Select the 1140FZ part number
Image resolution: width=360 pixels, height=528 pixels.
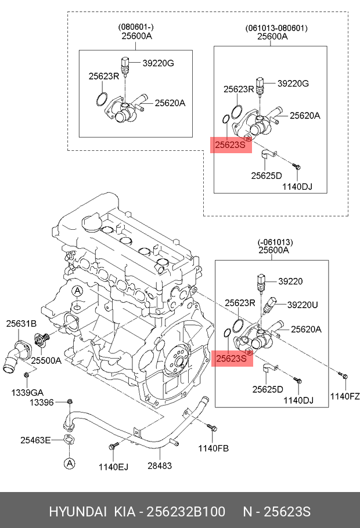click(345, 397)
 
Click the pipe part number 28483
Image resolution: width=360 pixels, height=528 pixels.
click(159, 465)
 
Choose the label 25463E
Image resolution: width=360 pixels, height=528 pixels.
click(35, 440)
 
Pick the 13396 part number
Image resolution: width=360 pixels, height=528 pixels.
click(42, 403)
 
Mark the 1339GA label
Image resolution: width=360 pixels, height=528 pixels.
click(26, 392)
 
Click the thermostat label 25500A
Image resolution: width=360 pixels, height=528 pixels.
click(46, 360)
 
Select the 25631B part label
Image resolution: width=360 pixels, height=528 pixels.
click(21, 323)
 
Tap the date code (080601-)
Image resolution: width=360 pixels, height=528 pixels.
click(136, 27)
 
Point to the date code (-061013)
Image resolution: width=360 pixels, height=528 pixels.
click(275, 242)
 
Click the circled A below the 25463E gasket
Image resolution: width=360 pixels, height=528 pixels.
click(69, 463)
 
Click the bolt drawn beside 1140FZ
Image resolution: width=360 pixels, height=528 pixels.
click(344, 377)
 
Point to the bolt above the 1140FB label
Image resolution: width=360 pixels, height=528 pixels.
click(211, 429)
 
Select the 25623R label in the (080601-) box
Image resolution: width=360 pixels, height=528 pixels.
click(103, 76)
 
